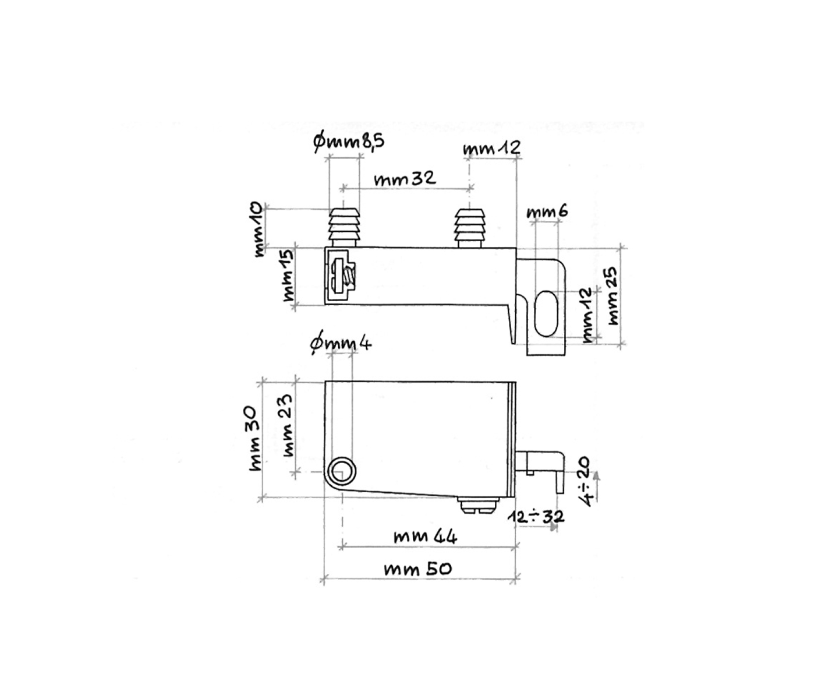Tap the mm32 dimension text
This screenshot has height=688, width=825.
[x=405, y=178]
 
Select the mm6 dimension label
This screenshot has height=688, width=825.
[x=547, y=211]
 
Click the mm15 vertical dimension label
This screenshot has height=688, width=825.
[x=289, y=276]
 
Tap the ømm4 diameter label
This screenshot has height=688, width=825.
[x=341, y=344]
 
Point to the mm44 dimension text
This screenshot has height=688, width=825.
[x=425, y=535]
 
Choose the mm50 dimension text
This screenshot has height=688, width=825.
[x=417, y=569]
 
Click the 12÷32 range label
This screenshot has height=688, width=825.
[x=536, y=516]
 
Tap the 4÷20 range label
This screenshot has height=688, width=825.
[x=585, y=481]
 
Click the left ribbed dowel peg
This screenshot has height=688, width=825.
[x=344, y=227]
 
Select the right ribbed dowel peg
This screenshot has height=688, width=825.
[x=470, y=227]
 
